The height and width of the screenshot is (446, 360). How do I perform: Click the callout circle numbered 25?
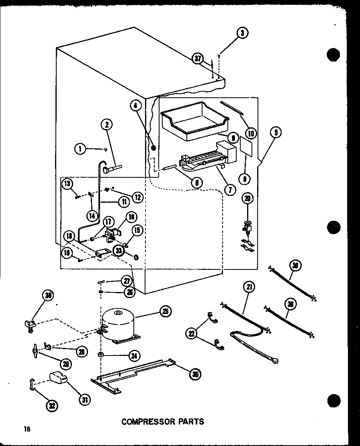pos(165,311)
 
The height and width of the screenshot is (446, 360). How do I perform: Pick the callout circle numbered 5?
pos(276,132)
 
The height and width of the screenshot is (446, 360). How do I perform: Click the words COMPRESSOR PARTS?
pos(163,421)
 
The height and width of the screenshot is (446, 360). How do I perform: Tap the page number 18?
pos(26,429)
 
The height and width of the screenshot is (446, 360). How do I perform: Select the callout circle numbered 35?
pos(195,374)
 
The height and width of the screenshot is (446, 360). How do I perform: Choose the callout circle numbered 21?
pos(250,287)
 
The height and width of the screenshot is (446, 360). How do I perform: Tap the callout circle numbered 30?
pos(49,296)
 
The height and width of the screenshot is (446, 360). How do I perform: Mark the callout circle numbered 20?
pos(248,198)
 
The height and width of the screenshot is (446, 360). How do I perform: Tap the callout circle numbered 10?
pos(252,132)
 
